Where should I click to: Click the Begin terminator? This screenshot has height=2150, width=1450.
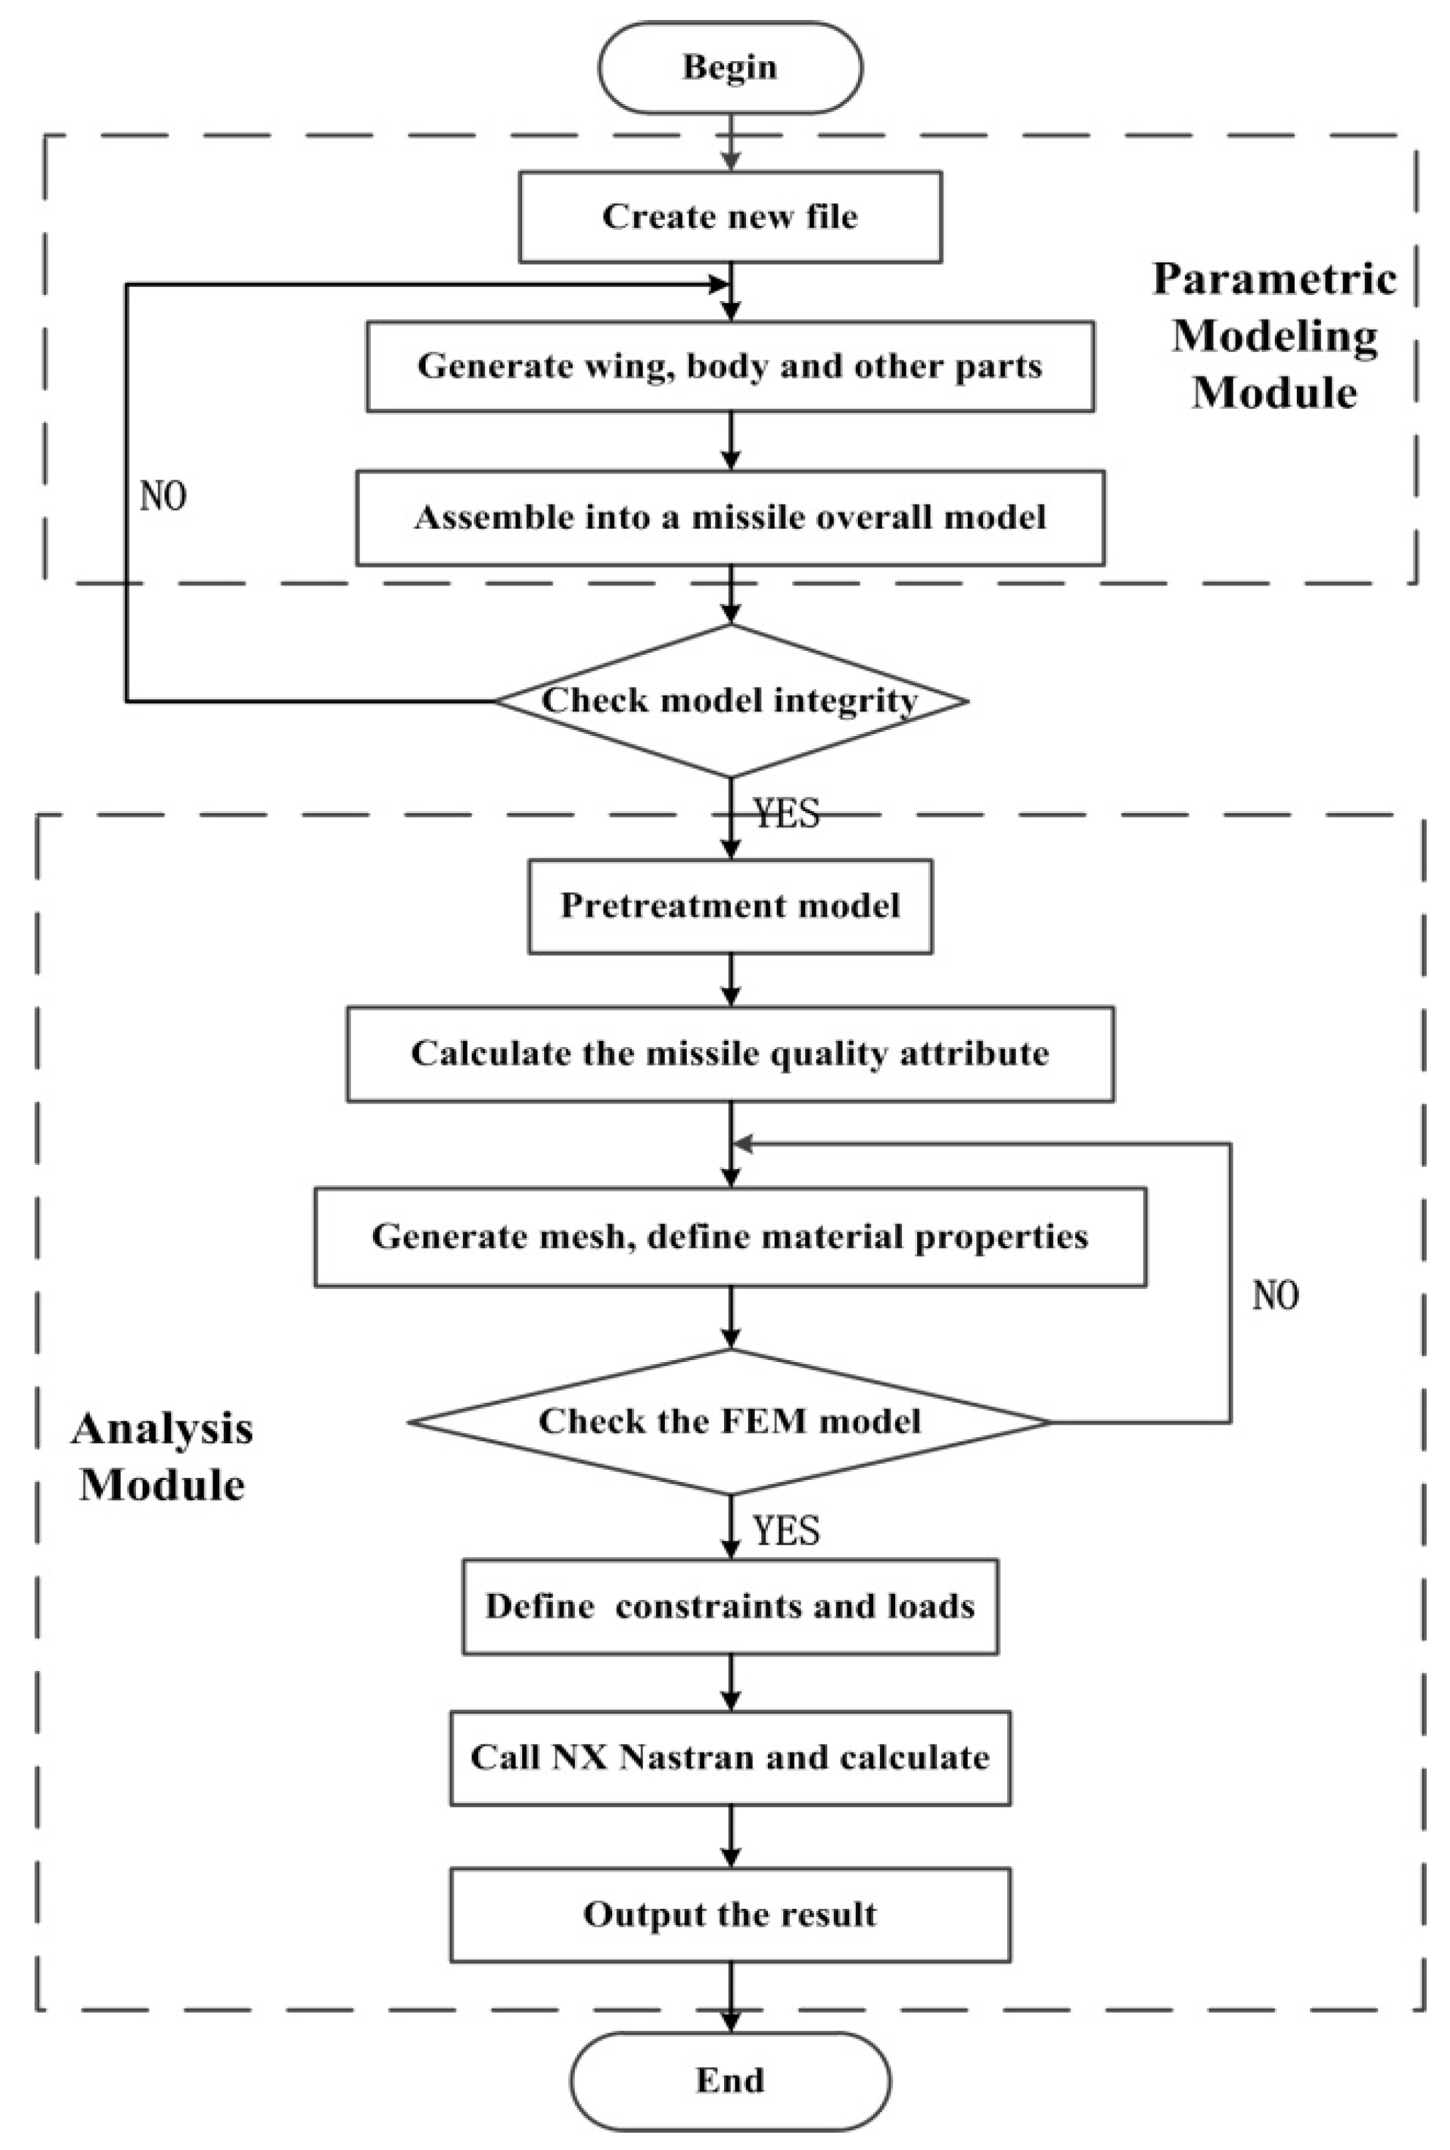pos(729,67)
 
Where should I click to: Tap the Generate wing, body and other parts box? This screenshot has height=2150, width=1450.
pos(729,366)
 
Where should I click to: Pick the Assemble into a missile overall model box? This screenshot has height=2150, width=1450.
pos(729,517)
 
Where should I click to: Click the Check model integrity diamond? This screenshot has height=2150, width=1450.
pos(729,700)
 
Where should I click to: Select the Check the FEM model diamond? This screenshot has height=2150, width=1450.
pos(729,1421)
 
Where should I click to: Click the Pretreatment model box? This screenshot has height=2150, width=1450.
pos(729,905)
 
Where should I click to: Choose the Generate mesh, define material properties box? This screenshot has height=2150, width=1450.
pos(729,1236)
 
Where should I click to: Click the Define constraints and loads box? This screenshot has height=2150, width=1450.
pos(729,1607)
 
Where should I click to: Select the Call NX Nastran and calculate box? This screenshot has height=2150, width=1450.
pos(729,1757)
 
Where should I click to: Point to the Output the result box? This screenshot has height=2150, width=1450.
pos(729,1914)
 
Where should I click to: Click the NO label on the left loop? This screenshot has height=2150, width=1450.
pos(163,497)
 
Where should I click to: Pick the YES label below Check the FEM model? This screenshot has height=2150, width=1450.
pos(786,1531)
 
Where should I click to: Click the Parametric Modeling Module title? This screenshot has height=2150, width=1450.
pos(1273,335)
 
